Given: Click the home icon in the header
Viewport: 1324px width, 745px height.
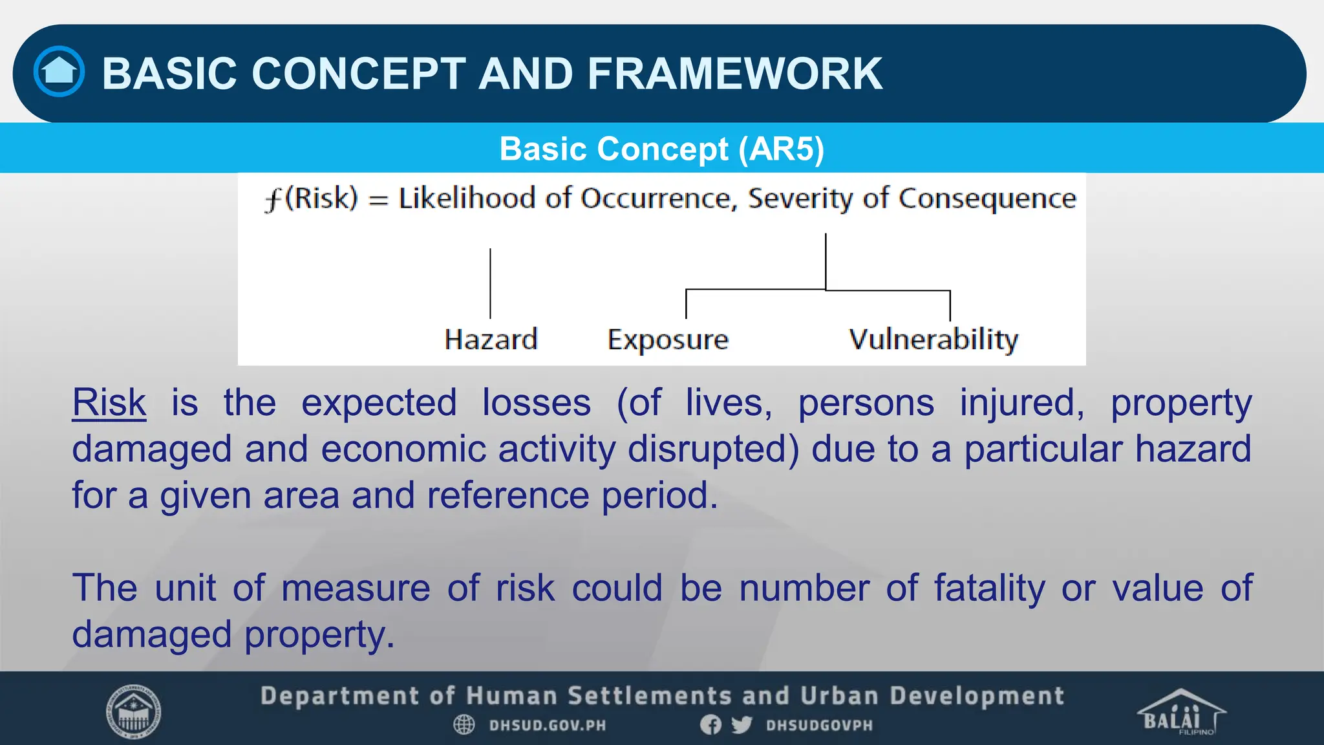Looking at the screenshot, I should click(59, 72).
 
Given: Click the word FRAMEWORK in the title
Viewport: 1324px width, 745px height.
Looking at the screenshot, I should click(734, 73).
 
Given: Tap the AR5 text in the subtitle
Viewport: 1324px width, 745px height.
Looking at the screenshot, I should click(781, 149).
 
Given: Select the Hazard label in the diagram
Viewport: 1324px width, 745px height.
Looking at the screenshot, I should click(491, 340).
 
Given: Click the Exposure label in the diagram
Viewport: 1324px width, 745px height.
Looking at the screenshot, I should click(668, 340).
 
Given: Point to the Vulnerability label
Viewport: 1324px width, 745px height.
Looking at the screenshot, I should click(933, 340).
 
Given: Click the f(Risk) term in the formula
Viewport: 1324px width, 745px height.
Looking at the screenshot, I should click(311, 198).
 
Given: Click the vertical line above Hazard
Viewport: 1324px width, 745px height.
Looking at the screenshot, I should click(490, 283).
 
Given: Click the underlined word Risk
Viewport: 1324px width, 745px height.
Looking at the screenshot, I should click(109, 403).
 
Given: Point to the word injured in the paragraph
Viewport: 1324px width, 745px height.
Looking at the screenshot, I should click(1021, 403).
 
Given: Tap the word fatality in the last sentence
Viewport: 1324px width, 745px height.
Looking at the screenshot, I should click(989, 588).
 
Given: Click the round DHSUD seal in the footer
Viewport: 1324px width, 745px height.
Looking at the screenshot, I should click(133, 712).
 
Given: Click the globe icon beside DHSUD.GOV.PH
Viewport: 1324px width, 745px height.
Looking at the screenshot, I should click(464, 725).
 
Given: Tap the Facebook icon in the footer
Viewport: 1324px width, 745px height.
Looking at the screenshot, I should click(710, 725).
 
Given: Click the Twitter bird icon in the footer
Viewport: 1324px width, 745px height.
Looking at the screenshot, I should click(742, 725).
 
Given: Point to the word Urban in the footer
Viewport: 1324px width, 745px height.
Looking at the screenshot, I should click(839, 696).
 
